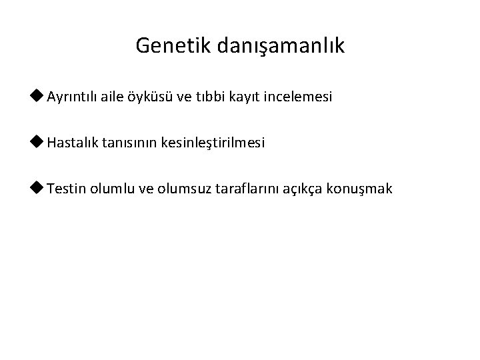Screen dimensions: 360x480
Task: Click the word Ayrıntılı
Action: [x=73, y=98]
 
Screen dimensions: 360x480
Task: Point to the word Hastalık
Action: [x=73, y=143]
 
